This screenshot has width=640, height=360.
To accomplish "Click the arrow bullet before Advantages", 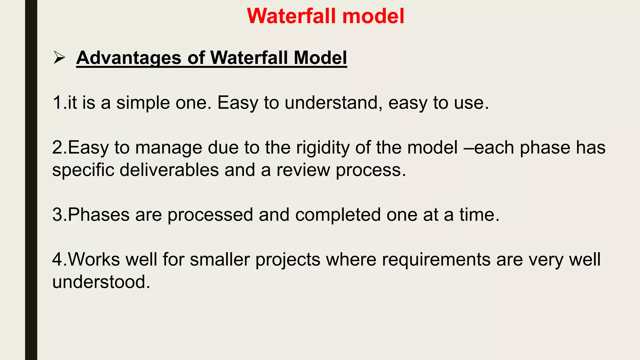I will [59, 58].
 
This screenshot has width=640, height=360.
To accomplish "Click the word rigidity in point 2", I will [323, 147].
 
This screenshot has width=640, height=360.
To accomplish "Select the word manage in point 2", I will [169, 147].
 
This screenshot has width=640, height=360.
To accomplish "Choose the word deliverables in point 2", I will [169, 170].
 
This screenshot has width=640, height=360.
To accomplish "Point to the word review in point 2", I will [303, 170].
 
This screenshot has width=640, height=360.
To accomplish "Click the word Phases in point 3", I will [98, 215].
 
